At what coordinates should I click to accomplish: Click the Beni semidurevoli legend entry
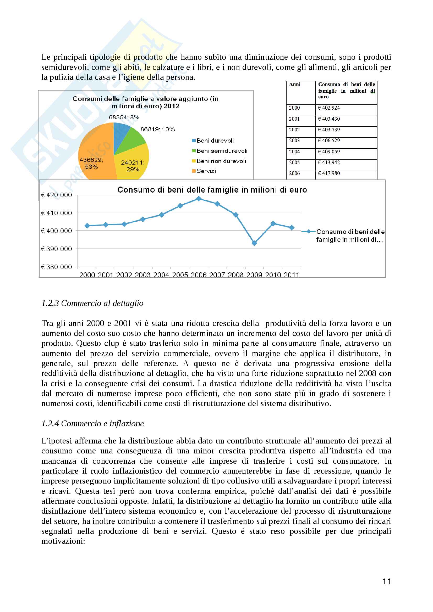point(220,151)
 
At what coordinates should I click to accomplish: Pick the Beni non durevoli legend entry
point(219,161)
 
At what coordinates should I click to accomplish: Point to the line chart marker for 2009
point(254,243)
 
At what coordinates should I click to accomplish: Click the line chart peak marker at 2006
point(199,199)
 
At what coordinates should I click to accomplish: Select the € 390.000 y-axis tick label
point(56,249)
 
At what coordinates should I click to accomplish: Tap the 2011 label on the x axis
point(291,275)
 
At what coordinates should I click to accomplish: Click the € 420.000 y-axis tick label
point(56,195)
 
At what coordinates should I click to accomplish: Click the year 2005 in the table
point(294,162)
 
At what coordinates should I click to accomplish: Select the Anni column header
point(295,85)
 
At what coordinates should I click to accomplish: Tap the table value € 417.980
point(329,173)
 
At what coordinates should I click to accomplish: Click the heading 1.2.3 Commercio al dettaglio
point(92,303)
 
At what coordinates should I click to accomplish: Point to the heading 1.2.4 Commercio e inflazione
point(92,423)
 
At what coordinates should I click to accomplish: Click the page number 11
point(387,581)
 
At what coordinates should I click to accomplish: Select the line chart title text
point(212,190)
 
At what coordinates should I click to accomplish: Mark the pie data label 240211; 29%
point(133,166)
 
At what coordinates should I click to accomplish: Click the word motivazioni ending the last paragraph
point(63,541)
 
